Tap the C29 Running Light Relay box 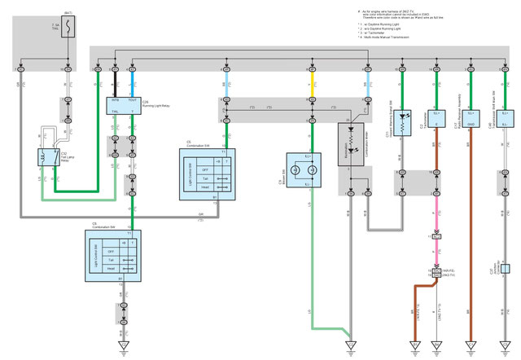124,105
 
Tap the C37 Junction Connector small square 505,268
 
